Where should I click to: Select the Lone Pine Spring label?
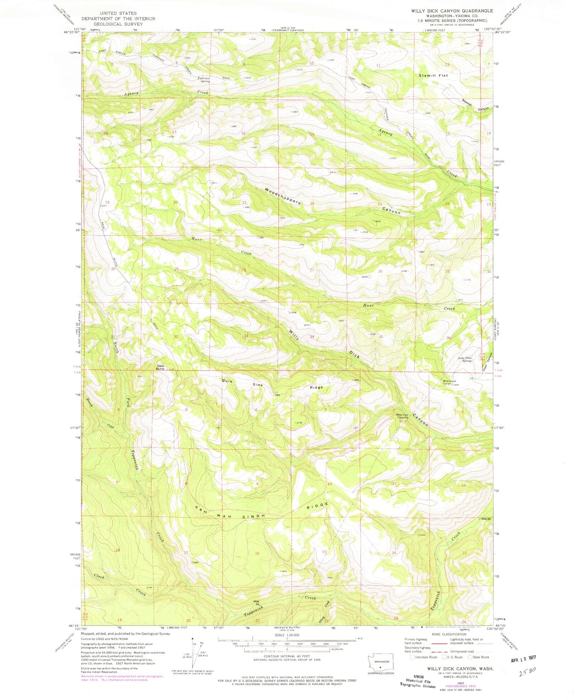coord(465,359)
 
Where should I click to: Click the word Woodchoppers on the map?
coord(282,196)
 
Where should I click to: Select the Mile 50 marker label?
coord(486,519)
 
